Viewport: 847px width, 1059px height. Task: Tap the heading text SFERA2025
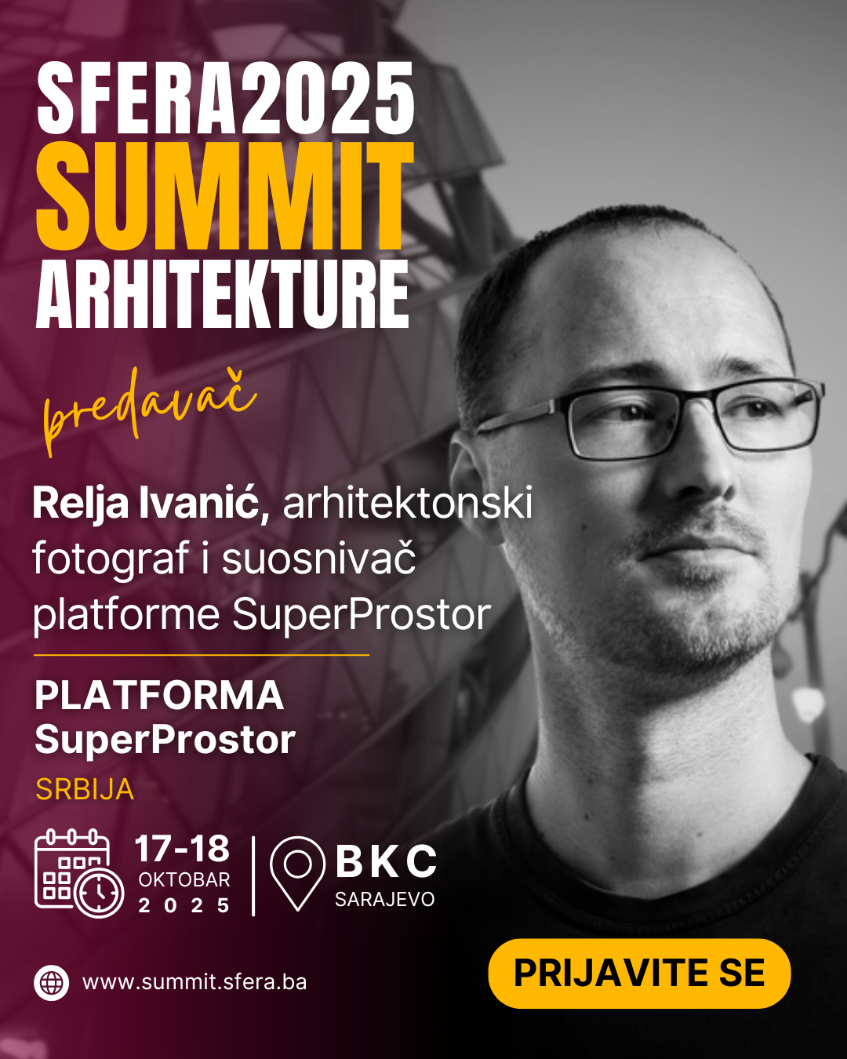(225, 97)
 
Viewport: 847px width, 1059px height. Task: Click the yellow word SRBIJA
(85, 789)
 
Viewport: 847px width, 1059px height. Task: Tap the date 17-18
(182, 849)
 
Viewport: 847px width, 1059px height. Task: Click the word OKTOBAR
(184, 880)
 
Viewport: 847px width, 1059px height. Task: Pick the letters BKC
(386, 861)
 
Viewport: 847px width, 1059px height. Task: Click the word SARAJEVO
(385, 900)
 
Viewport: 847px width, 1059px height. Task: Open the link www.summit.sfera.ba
(195, 982)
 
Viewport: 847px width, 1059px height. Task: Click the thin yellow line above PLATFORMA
(202, 655)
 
